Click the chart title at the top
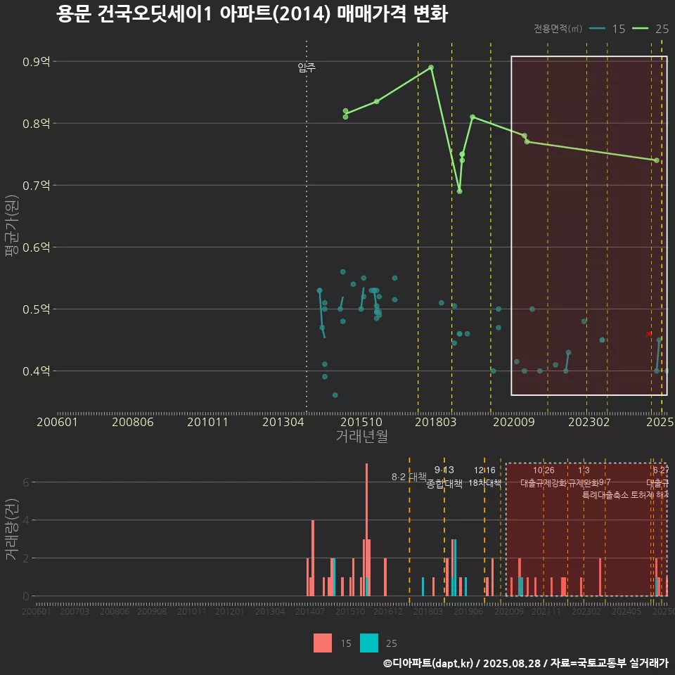[x=252, y=15]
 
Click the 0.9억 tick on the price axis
[x=36, y=62]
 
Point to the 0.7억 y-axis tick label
[x=36, y=186]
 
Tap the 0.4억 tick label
[x=36, y=371]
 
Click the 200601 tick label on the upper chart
[x=57, y=422]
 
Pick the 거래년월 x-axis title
[x=361, y=437]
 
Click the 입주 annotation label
[x=307, y=68]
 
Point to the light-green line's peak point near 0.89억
[x=431, y=67]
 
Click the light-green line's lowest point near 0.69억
[x=459, y=191]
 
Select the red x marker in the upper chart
[x=648, y=334]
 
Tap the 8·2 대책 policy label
[x=409, y=477]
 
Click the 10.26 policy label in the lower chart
[x=544, y=470]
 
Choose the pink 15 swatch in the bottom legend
[x=323, y=643]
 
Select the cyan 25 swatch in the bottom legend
[x=369, y=643]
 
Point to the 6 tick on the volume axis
[x=27, y=482]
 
